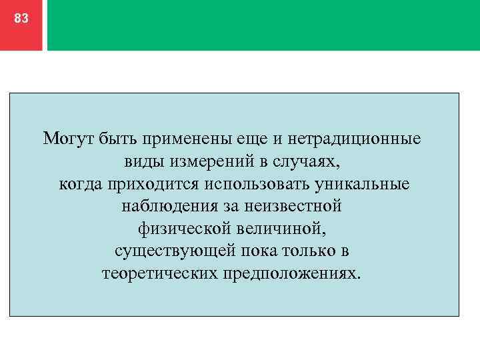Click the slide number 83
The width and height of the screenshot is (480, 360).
(21, 19)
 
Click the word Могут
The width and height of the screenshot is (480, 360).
(69, 139)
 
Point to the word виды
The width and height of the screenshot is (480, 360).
(141, 162)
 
